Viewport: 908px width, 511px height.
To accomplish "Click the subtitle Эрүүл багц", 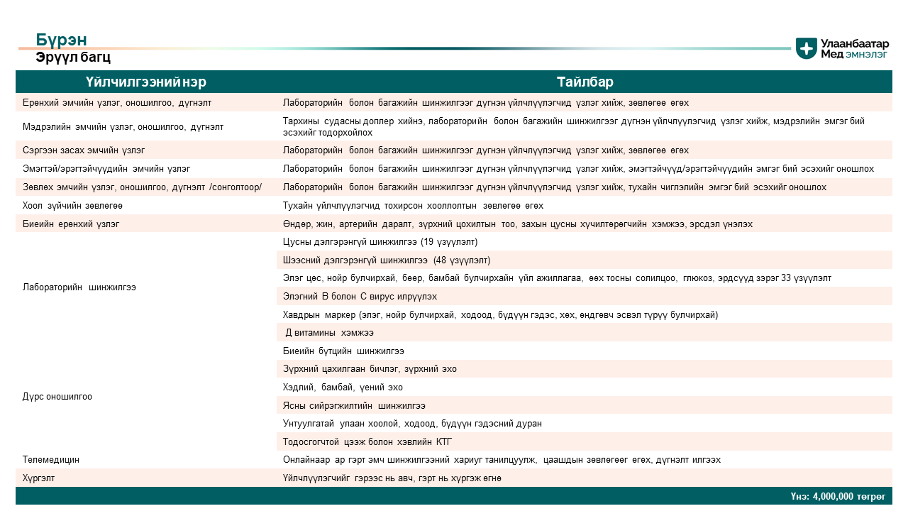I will point(73,57).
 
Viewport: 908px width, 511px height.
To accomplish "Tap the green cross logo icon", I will point(806,48).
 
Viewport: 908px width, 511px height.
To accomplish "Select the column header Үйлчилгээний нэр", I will point(146,82).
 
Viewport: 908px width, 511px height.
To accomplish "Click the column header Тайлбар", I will point(585,82).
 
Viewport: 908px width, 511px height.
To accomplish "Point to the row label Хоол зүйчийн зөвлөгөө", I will point(72,206).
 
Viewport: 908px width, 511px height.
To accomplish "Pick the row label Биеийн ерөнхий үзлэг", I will point(71,224).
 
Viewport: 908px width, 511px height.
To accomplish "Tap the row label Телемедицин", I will point(51,460).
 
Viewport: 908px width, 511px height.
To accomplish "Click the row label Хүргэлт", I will point(38,478).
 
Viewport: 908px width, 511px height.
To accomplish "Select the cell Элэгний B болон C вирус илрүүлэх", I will point(360,296).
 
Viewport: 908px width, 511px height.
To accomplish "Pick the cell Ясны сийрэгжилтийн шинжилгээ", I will point(354,406).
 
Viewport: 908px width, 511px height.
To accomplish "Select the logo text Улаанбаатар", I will point(855,43).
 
